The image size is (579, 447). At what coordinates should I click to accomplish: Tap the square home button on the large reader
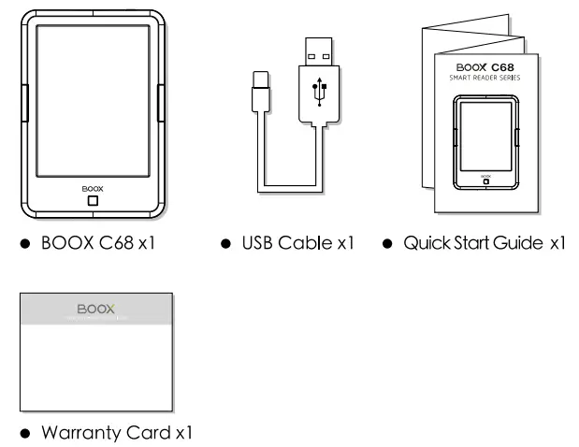92,200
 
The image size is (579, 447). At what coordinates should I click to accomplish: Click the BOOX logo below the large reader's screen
92,188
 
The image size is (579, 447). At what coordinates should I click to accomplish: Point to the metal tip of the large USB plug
317,52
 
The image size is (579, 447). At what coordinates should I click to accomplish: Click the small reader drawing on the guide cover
485,140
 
